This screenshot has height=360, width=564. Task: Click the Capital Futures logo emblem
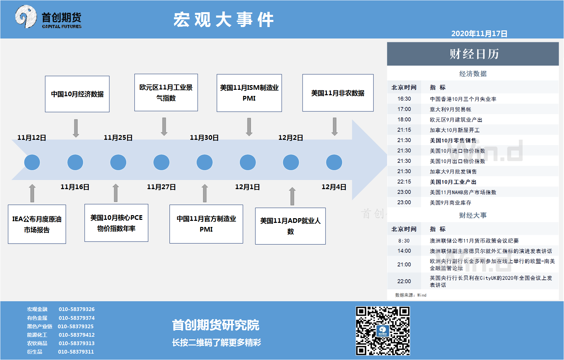pos(26,17)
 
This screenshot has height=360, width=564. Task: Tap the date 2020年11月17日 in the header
pos(479,33)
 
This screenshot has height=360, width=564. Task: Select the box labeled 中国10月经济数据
pos(77,94)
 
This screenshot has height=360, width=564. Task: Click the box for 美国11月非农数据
pos(338,93)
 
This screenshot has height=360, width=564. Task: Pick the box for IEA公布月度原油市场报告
pos(37,224)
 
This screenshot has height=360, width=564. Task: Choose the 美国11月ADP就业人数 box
pos(290,226)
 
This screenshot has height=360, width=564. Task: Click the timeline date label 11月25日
pos(118,137)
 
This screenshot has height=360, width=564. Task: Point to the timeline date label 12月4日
pos(334,187)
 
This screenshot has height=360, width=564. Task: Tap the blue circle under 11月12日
pos(32,162)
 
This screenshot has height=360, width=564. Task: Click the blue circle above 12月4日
pos(334,162)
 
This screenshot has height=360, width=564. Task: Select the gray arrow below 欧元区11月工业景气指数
pos(164,127)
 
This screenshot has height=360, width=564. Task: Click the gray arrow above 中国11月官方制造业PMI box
pos(205,193)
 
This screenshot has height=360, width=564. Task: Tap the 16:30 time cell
pos(404,99)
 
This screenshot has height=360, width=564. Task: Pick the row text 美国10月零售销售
pos(453,140)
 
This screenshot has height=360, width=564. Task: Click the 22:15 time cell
pos(404,181)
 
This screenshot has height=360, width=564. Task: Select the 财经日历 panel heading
pos(474,54)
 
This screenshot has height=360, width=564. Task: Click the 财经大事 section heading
pos(473,215)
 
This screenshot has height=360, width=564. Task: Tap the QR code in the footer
pos(383,331)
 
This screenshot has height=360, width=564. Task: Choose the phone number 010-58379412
pos(77,335)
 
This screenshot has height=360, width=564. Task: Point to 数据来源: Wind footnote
pos(411,295)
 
